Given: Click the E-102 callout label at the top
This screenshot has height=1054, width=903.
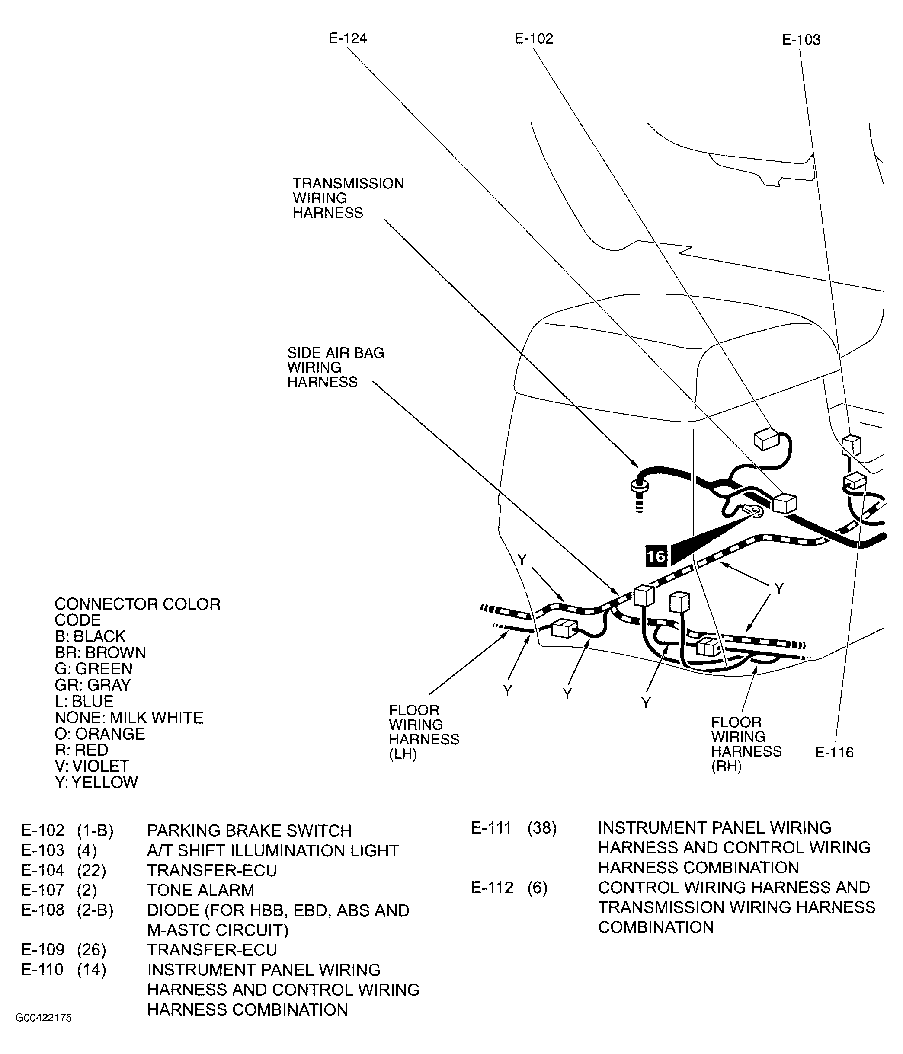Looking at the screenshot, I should coord(533,38).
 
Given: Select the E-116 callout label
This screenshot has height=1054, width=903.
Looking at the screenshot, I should coord(834,752).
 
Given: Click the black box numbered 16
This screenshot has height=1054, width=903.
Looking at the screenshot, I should coord(656,556).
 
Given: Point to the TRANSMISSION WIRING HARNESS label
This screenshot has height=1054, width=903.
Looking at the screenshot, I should coord(348,198).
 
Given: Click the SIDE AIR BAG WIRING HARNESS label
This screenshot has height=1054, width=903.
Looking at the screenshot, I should coord(335,367).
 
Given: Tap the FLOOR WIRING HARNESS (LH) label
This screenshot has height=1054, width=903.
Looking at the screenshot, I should coord(423,731).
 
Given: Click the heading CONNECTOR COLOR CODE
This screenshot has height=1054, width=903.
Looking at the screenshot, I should coord(138,611).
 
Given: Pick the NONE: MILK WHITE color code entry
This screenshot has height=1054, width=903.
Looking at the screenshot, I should coord(129,718).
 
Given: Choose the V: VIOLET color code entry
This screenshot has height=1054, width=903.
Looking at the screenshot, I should coord(92,766).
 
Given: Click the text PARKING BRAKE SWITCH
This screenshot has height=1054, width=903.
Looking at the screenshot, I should coord(249,830).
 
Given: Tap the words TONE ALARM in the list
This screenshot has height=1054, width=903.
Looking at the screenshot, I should coord(200,890).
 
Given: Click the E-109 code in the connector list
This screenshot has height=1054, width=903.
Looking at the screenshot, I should coord(43,950).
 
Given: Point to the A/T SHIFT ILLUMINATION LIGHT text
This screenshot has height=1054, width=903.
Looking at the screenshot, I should coord(273,850).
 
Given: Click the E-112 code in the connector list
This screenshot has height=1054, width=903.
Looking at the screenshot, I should coord(492,888).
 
